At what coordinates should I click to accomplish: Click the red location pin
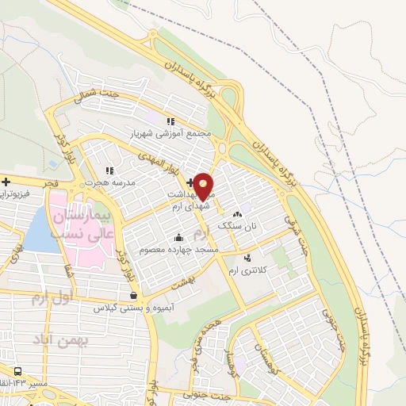pos(204,186)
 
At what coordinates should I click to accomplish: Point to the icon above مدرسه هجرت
pos(109,170)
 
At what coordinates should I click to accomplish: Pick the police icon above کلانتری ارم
pos(247,258)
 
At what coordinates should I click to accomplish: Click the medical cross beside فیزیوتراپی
pos(6,182)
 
